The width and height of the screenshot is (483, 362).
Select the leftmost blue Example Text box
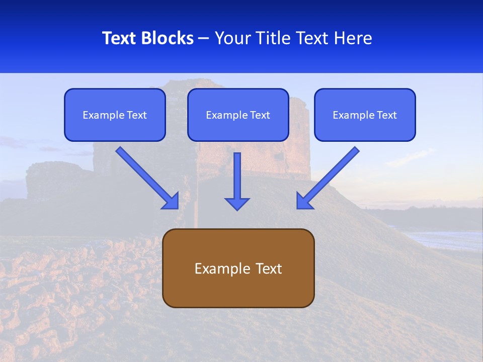(x=115, y=115)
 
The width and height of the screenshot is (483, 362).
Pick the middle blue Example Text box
(x=238, y=115)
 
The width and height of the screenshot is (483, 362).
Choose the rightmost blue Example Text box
(x=365, y=115)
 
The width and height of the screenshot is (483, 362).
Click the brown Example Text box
(x=238, y=268)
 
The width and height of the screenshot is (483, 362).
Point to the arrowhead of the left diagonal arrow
(x=171, y=201)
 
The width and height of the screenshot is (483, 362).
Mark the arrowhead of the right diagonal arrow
(x=304, y=201)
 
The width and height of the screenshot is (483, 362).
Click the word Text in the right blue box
(x=387, y=115)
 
